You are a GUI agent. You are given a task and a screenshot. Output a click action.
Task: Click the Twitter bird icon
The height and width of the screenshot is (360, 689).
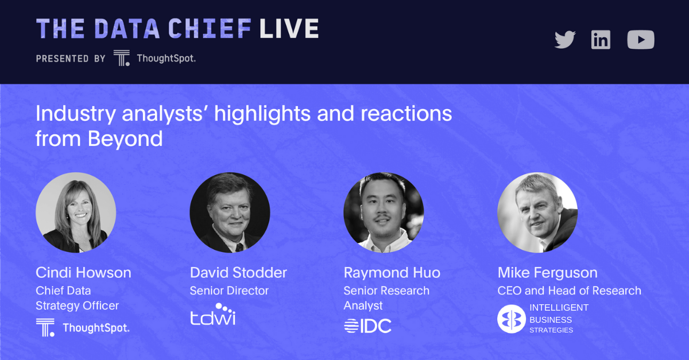tap(565, 40)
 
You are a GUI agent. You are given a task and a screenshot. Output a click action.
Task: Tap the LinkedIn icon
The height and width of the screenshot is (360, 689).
tap(601, 40)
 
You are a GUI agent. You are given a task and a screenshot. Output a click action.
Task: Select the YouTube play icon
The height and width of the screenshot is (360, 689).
tap(641, 40)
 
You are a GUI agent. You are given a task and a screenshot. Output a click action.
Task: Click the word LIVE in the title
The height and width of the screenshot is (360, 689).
tap(289, 29)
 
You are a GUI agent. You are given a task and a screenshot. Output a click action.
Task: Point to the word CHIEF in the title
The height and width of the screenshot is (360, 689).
tap(210, 29)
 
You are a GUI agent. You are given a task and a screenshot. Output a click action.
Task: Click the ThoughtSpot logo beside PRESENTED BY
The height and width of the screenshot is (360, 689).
tap(154, 58)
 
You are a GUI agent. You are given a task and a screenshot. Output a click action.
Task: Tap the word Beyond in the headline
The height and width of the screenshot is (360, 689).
tap(125, 139)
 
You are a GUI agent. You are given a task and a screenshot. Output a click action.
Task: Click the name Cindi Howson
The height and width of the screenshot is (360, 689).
tap(83, 273)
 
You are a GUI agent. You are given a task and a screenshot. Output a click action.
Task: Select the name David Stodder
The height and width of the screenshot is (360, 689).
tap(238, 273)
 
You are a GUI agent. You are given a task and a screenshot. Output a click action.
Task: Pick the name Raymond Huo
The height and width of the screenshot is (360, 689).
tap(392, 273)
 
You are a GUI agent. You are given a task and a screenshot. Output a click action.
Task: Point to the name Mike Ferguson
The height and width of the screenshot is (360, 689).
tap(548, 273)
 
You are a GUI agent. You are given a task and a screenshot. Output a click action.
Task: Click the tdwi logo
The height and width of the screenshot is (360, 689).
tap(213, 314)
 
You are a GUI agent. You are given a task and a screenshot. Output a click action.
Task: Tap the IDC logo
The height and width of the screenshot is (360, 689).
tap(367, 326)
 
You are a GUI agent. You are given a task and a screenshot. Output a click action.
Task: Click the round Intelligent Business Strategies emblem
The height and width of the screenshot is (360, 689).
tap(511, 319)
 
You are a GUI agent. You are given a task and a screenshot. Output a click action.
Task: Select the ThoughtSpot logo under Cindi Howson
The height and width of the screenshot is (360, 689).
tap(83, 327)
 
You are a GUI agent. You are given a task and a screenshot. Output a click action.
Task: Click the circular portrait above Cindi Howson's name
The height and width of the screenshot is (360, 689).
tap(76, 212)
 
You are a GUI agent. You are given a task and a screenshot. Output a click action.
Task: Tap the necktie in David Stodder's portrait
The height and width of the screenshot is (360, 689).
tap(239, 247)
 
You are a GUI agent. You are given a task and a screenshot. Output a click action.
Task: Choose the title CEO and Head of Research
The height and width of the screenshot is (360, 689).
tap(570, 291)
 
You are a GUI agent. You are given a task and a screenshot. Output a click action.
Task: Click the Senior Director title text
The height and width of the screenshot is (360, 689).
tap(229, 291)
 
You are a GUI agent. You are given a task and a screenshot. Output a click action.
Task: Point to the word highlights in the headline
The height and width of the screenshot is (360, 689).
tap(262, 114)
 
